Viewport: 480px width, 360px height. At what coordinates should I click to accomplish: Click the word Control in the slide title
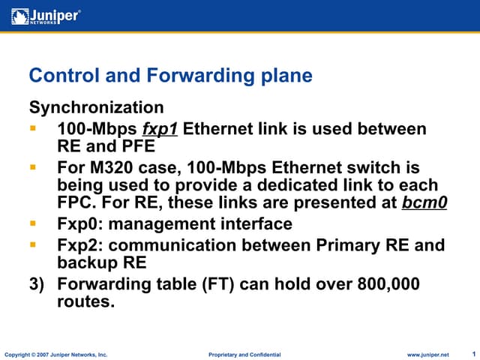[x=58, y=76]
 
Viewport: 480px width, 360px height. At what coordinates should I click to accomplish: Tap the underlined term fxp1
[x=160, y=129]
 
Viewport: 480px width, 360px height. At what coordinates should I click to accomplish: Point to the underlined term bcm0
[x=424, y=203]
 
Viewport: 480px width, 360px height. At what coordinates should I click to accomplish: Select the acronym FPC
[x=76, y=203]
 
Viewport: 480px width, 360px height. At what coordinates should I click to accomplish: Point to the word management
[x=173, y=224]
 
